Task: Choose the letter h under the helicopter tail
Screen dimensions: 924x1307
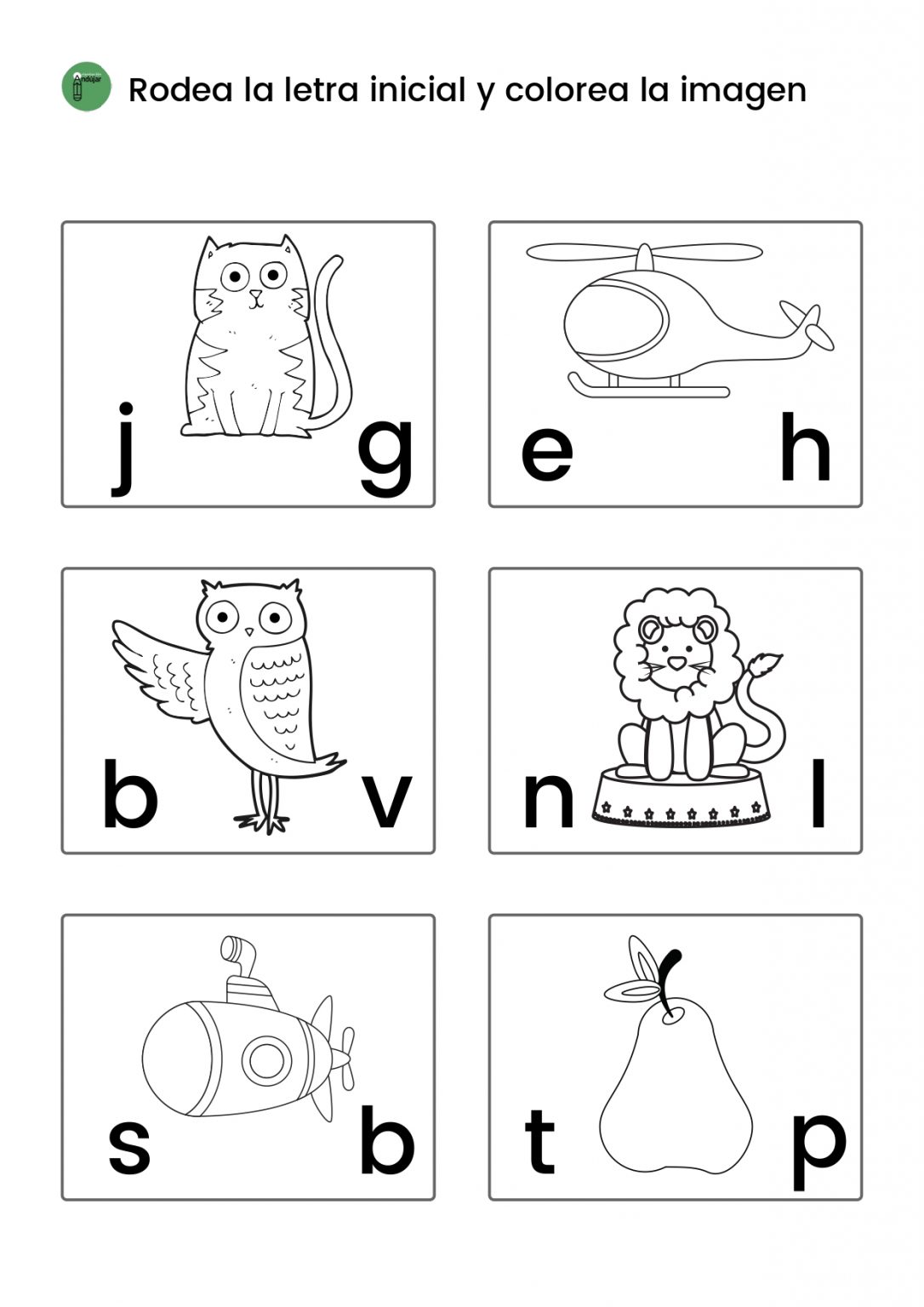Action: (x=805, y=446)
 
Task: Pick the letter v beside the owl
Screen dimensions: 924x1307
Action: (x=387, y=801)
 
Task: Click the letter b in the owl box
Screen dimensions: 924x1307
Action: (x=131, y=792)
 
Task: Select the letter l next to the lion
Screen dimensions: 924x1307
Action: (x=818, y=792)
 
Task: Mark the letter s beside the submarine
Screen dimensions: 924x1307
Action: (x=129, y=1147)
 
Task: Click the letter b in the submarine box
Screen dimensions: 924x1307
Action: (x=387, y=1139)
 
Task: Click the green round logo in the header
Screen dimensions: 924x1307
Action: (x=86, y=87)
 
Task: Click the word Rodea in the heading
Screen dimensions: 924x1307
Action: (x=180, y=90)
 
